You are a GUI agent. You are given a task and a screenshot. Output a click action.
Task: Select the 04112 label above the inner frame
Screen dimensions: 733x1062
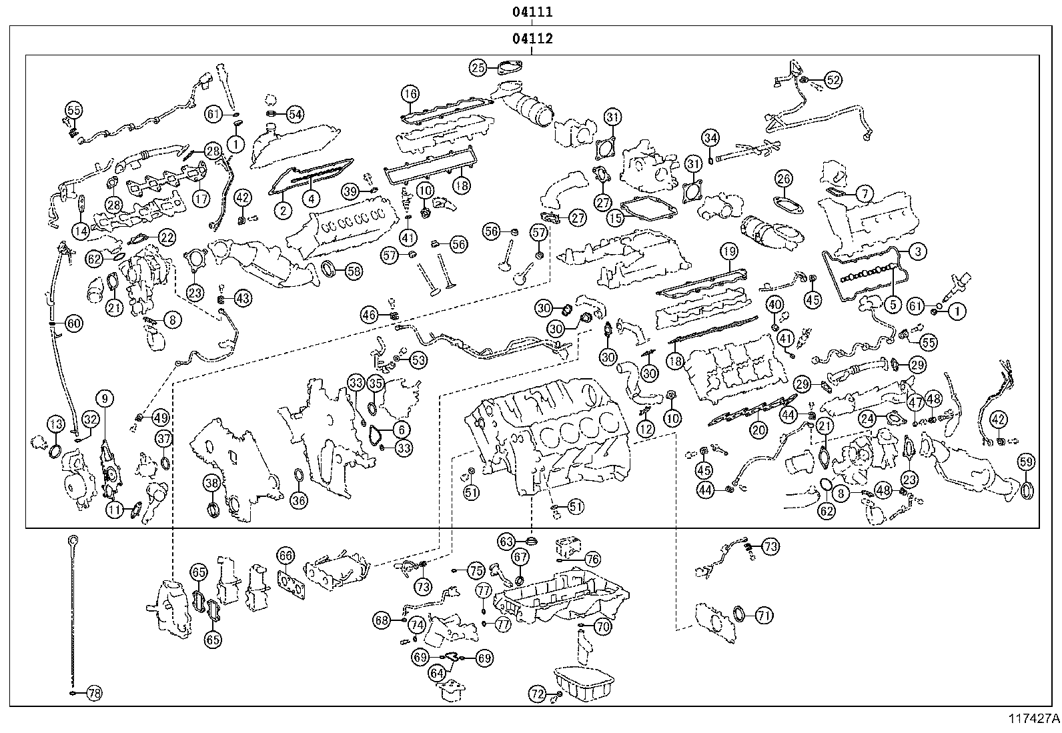click(533, 39)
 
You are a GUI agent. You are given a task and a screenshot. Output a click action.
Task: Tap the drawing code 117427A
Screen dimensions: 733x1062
click(1033, 719)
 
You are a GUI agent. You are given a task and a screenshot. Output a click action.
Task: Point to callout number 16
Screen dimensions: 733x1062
click(410, 93)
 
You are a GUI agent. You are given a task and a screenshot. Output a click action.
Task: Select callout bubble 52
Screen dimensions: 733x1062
click(833, 79)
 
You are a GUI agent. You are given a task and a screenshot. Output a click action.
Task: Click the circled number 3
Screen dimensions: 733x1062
click(918, 251)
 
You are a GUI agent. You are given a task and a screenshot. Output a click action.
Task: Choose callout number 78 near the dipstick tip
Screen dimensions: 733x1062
click(95, 694)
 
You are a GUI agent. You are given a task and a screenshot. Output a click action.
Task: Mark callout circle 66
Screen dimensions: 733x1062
click(285, 556)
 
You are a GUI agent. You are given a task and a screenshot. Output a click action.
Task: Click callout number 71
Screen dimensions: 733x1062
click(764, 616)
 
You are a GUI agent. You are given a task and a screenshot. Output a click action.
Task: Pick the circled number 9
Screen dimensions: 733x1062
click(105, 400)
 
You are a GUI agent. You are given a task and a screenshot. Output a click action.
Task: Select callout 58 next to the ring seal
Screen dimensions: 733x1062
click(354, 271)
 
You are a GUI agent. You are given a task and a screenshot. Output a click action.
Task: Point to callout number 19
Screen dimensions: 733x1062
click(728, 252)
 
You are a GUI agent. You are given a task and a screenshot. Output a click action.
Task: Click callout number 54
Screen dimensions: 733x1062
click(295, 114)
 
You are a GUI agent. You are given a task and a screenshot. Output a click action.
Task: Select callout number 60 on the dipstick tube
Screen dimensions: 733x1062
click(73, 324)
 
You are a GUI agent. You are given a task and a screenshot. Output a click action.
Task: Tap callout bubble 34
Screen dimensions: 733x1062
click(711, 139)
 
